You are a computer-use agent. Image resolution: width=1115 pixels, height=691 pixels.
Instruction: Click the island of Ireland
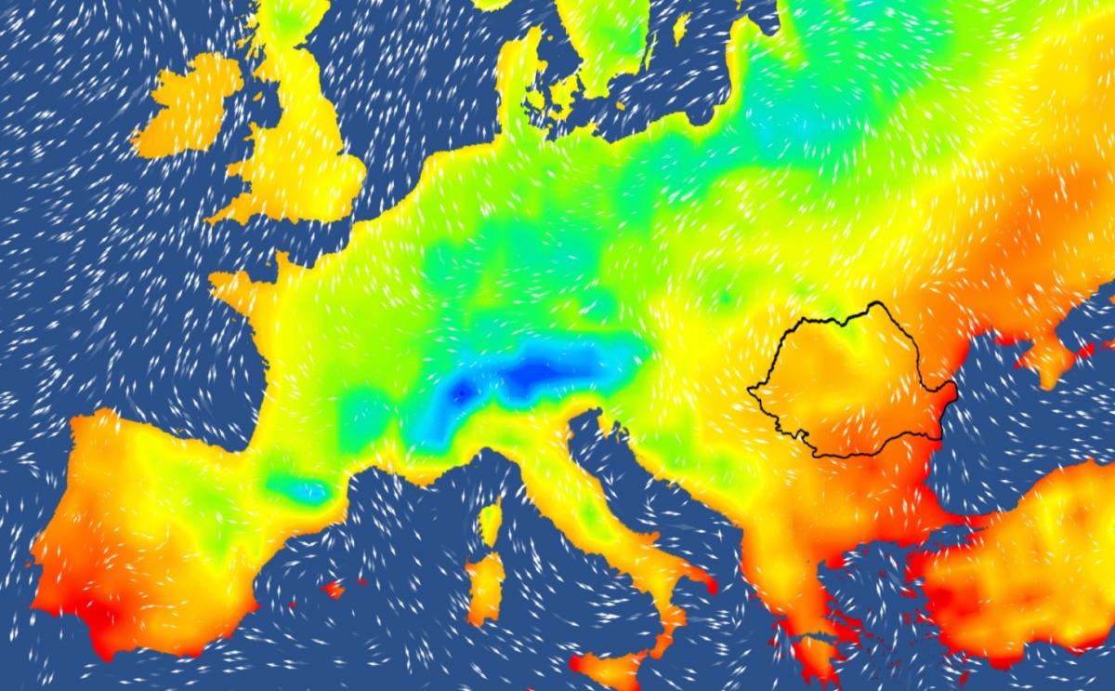tap(186, 112)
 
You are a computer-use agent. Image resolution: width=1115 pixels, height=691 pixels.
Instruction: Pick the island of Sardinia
tap(484, 586)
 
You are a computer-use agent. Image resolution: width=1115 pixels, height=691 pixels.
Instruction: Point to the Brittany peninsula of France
tap(232, 284)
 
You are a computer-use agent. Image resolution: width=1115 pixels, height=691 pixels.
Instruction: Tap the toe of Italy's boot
tap(664, 642)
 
